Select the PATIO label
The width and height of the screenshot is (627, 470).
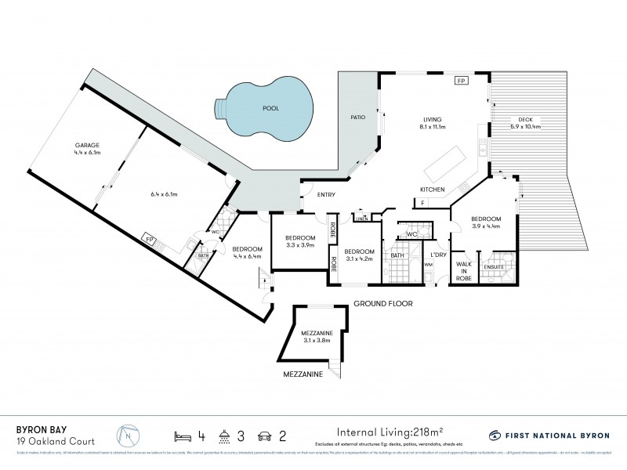coord(357,117)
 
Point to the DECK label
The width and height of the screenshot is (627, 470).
coord(525,119)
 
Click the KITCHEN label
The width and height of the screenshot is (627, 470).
coord(432,190)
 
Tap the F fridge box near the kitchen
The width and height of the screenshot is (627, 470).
coord(424,204)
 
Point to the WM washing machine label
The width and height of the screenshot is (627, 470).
coord(429,266)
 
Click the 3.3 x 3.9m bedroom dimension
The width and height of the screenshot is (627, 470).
coord(300,244)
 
